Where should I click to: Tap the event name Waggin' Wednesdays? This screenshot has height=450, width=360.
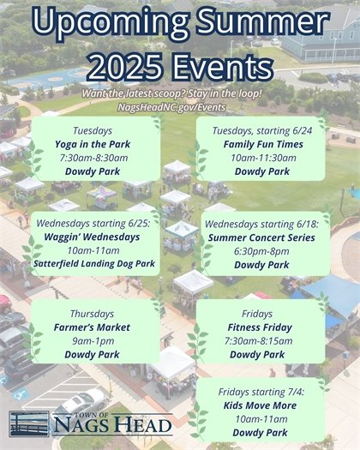[x=94, y=236]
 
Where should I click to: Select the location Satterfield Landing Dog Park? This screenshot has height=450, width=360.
[x=94, y=264]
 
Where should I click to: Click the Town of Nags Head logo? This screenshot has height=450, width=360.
[x=90, y=423]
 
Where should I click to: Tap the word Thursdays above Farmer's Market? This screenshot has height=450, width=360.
[x=91, y=313]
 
